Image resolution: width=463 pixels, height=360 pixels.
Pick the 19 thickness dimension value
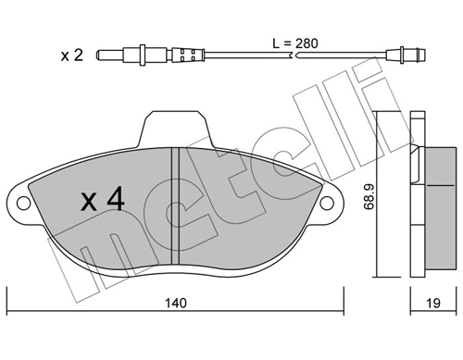coord(433,302)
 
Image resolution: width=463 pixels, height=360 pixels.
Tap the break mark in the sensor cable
coord(295,56)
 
